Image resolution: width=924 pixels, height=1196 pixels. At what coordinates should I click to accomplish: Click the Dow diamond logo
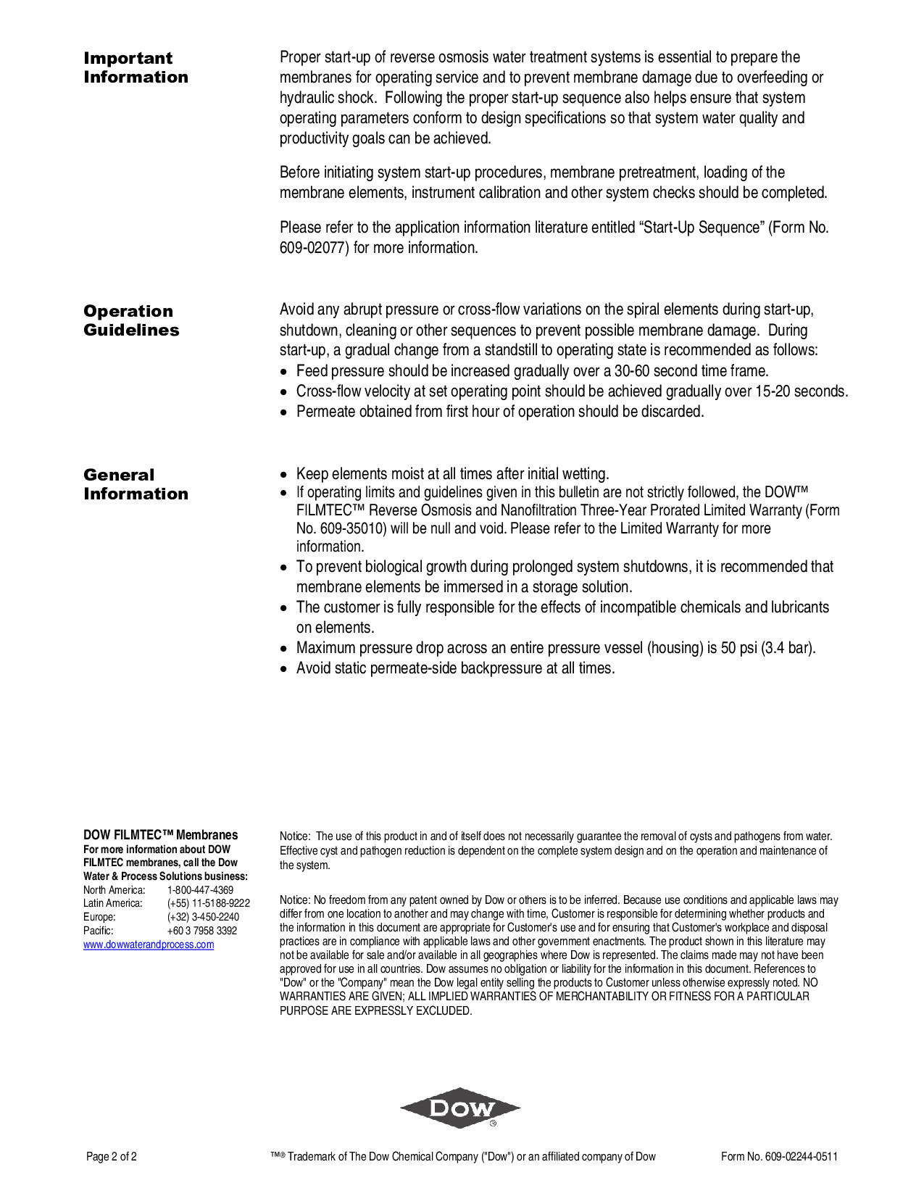460,1108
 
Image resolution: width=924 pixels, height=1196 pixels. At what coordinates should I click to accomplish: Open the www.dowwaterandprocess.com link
149,944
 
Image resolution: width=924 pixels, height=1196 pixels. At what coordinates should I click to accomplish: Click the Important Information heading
136,67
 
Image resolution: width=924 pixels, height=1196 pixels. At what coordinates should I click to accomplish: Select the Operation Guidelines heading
131,320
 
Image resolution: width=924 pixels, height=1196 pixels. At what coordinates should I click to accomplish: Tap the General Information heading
136,484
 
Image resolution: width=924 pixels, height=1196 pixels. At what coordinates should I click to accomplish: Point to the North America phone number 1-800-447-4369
200,889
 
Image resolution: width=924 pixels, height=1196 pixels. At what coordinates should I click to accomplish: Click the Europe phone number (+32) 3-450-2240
203,917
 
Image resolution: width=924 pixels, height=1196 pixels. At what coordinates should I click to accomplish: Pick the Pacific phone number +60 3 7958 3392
202,931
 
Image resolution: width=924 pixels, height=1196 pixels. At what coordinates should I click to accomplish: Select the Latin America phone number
208,903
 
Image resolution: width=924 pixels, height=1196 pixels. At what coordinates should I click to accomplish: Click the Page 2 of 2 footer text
112,1157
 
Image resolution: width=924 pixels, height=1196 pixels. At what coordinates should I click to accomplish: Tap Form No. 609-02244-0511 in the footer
779,1157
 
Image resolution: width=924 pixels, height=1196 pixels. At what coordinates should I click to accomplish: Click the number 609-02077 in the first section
315,248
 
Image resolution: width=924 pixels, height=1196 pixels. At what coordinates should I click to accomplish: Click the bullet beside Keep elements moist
284,475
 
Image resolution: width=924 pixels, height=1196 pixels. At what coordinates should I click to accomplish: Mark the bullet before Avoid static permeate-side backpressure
284,669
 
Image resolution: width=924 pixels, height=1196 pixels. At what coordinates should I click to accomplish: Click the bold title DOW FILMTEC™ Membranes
160,835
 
